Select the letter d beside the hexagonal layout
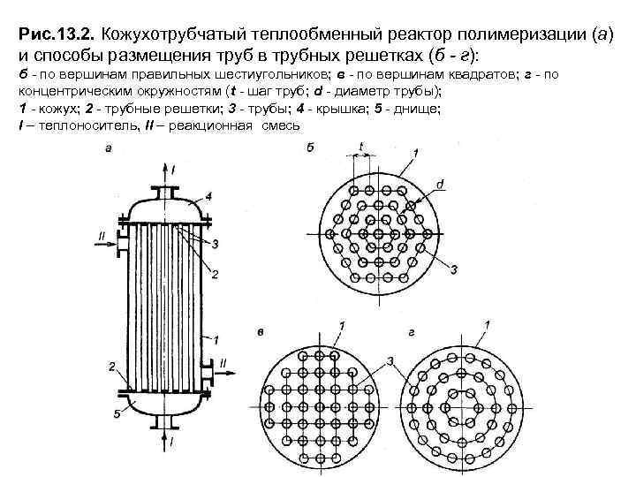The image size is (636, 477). pos(440,184)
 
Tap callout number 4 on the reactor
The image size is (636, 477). pos(208,194)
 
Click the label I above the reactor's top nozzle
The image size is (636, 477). pos(174,168)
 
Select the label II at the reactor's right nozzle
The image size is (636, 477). pos(223,361)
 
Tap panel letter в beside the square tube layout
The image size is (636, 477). pos(261,330)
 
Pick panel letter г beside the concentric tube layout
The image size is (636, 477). pos(413,329)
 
